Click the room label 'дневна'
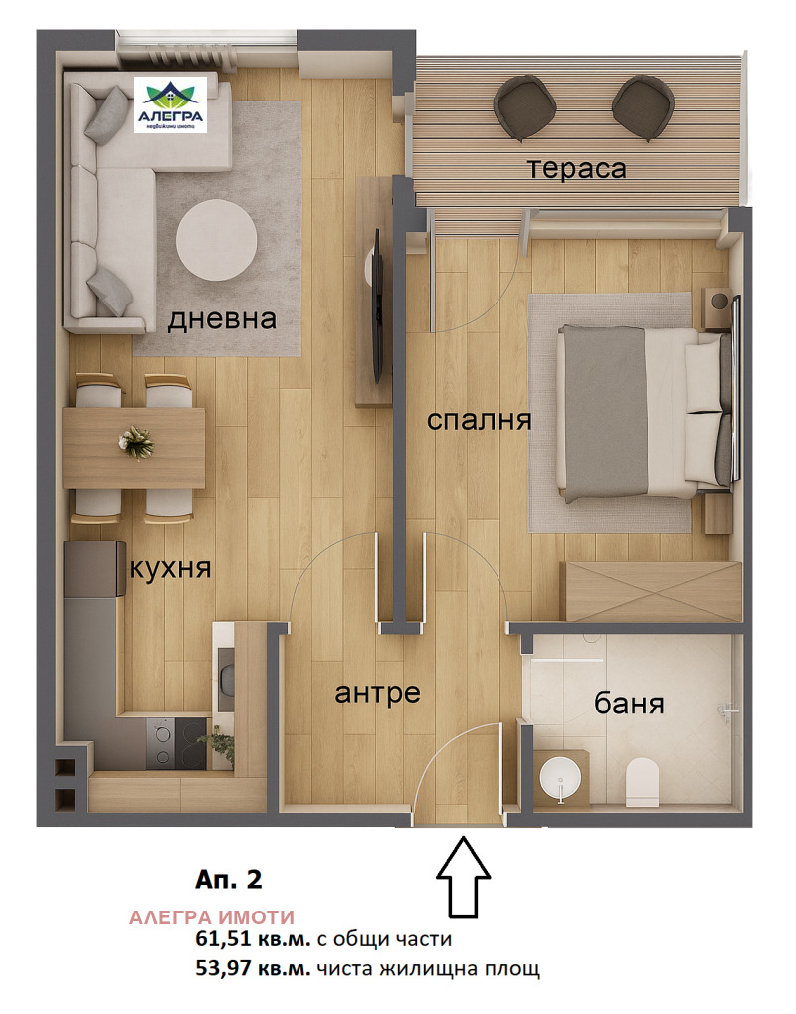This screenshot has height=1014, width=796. [221, 320]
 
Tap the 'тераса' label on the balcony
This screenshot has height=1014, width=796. [577, 168]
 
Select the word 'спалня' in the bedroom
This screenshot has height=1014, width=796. [479, 420]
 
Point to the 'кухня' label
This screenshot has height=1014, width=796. [170, 569]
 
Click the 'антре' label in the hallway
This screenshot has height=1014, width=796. [378, 692]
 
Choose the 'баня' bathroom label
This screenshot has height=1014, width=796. [628, 705]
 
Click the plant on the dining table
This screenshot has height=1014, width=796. [133, 440]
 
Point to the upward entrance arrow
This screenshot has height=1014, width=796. [464, 876]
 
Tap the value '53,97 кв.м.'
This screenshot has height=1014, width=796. [254, 968]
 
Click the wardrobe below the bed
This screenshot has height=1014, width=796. [652, 591]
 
